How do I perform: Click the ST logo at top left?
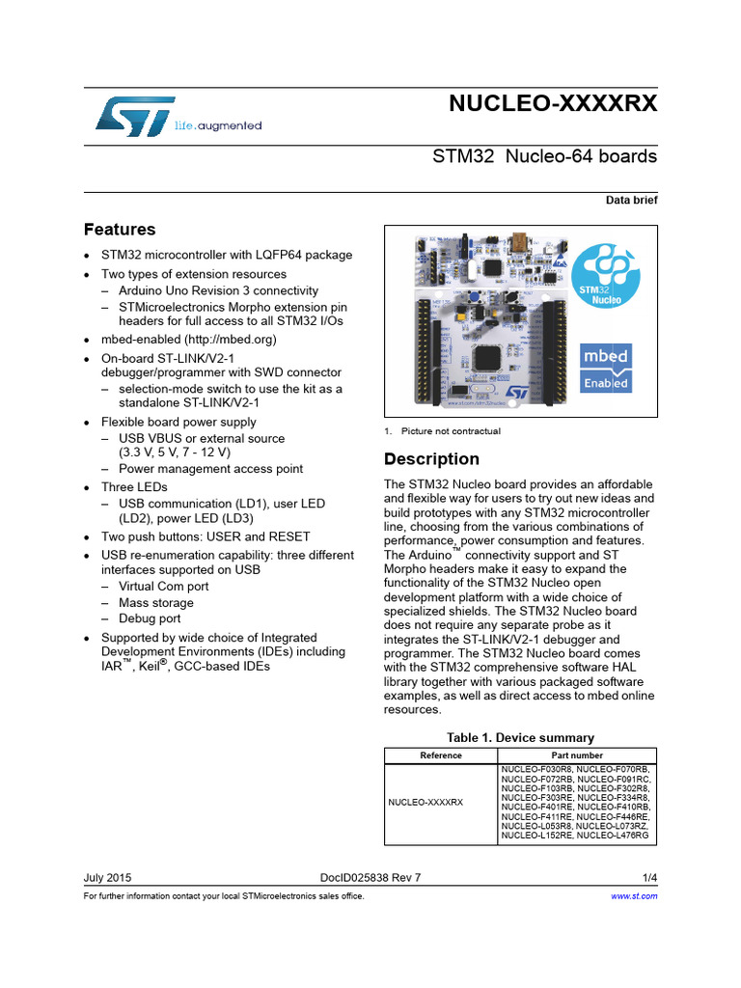tap(136, 115)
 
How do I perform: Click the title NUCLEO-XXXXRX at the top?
tap(553, 105)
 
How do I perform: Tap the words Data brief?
tap(631, 201)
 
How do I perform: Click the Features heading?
tap(120, 230)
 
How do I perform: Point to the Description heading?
tap(431, 459)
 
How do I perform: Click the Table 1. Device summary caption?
tap(521, 736)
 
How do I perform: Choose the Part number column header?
tap(578, 755)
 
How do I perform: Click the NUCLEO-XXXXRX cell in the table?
tap(425, 802)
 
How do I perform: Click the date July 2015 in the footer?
tap(108, 878)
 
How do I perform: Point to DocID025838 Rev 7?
tap(370, 878)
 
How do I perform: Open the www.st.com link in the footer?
tap(635, 896)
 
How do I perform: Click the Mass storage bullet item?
tap(156, 602)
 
